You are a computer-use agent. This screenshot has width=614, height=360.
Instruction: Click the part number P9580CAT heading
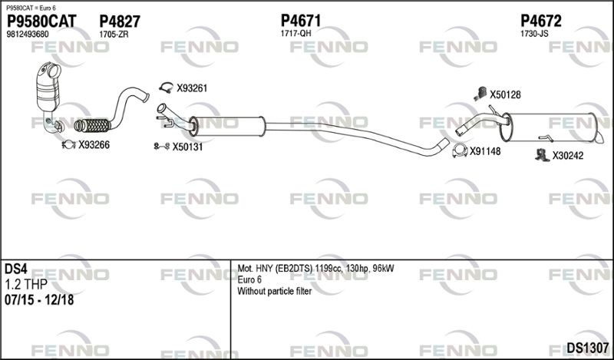pos(41,21)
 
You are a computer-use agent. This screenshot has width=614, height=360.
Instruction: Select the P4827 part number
pos(120,21)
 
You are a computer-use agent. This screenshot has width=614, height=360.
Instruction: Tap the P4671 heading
pos(301,21)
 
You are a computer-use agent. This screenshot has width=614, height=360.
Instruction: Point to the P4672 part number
pos(541,21)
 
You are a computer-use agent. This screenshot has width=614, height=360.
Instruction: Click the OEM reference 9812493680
pos(28,34)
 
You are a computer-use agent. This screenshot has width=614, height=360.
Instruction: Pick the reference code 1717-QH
pos(295,33)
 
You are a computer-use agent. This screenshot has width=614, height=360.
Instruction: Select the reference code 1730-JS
pos(534,33)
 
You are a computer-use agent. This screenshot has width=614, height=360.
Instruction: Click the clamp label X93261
pos(192,88)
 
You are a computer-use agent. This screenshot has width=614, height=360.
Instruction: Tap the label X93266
pos(94,145)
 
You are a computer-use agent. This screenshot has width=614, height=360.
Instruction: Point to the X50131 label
pos(187,147)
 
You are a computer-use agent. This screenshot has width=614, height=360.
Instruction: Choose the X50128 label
pos(506,94)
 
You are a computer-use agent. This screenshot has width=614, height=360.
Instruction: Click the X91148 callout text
pos(485,151)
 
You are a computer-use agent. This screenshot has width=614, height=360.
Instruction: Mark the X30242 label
pos(568,156)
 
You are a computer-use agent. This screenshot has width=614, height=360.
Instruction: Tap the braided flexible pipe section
pos(93,125)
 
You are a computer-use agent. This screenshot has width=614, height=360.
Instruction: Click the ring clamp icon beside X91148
pos(460,150)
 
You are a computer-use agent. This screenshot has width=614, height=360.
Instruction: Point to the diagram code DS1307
pos(588,348)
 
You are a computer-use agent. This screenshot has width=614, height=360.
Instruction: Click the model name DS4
pos(15,269)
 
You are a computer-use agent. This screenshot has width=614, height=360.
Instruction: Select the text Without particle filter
pos(275,292)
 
